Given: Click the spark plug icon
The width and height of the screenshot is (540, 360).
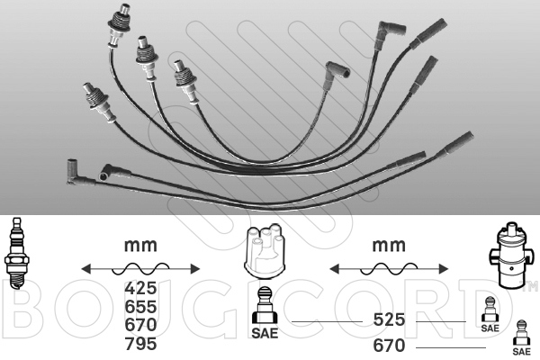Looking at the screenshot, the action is [x=15, y=253].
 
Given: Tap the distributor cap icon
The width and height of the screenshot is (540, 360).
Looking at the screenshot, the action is [x=265, y=251].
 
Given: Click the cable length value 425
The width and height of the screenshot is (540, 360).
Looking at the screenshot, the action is [x=140, y=288].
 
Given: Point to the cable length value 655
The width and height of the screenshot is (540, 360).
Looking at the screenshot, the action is [x=140, y=307].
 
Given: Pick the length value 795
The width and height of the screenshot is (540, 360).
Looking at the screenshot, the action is [x=140, y=344].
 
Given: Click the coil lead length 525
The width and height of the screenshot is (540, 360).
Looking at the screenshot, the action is [x=389, y=319].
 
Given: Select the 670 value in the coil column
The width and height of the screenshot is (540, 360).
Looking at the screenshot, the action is [x=389, y=346].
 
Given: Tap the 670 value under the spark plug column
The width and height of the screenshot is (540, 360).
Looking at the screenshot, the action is [x=140, y=325].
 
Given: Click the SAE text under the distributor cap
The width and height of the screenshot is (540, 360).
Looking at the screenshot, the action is [x=265, y=333].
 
